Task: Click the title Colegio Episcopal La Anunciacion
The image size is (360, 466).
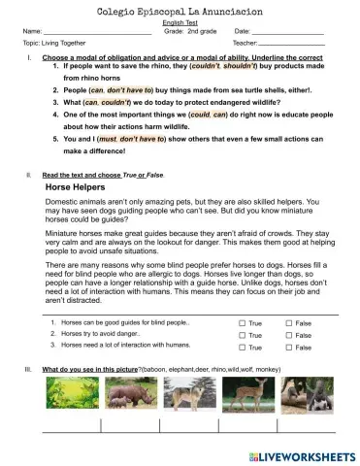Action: point(180,10)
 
